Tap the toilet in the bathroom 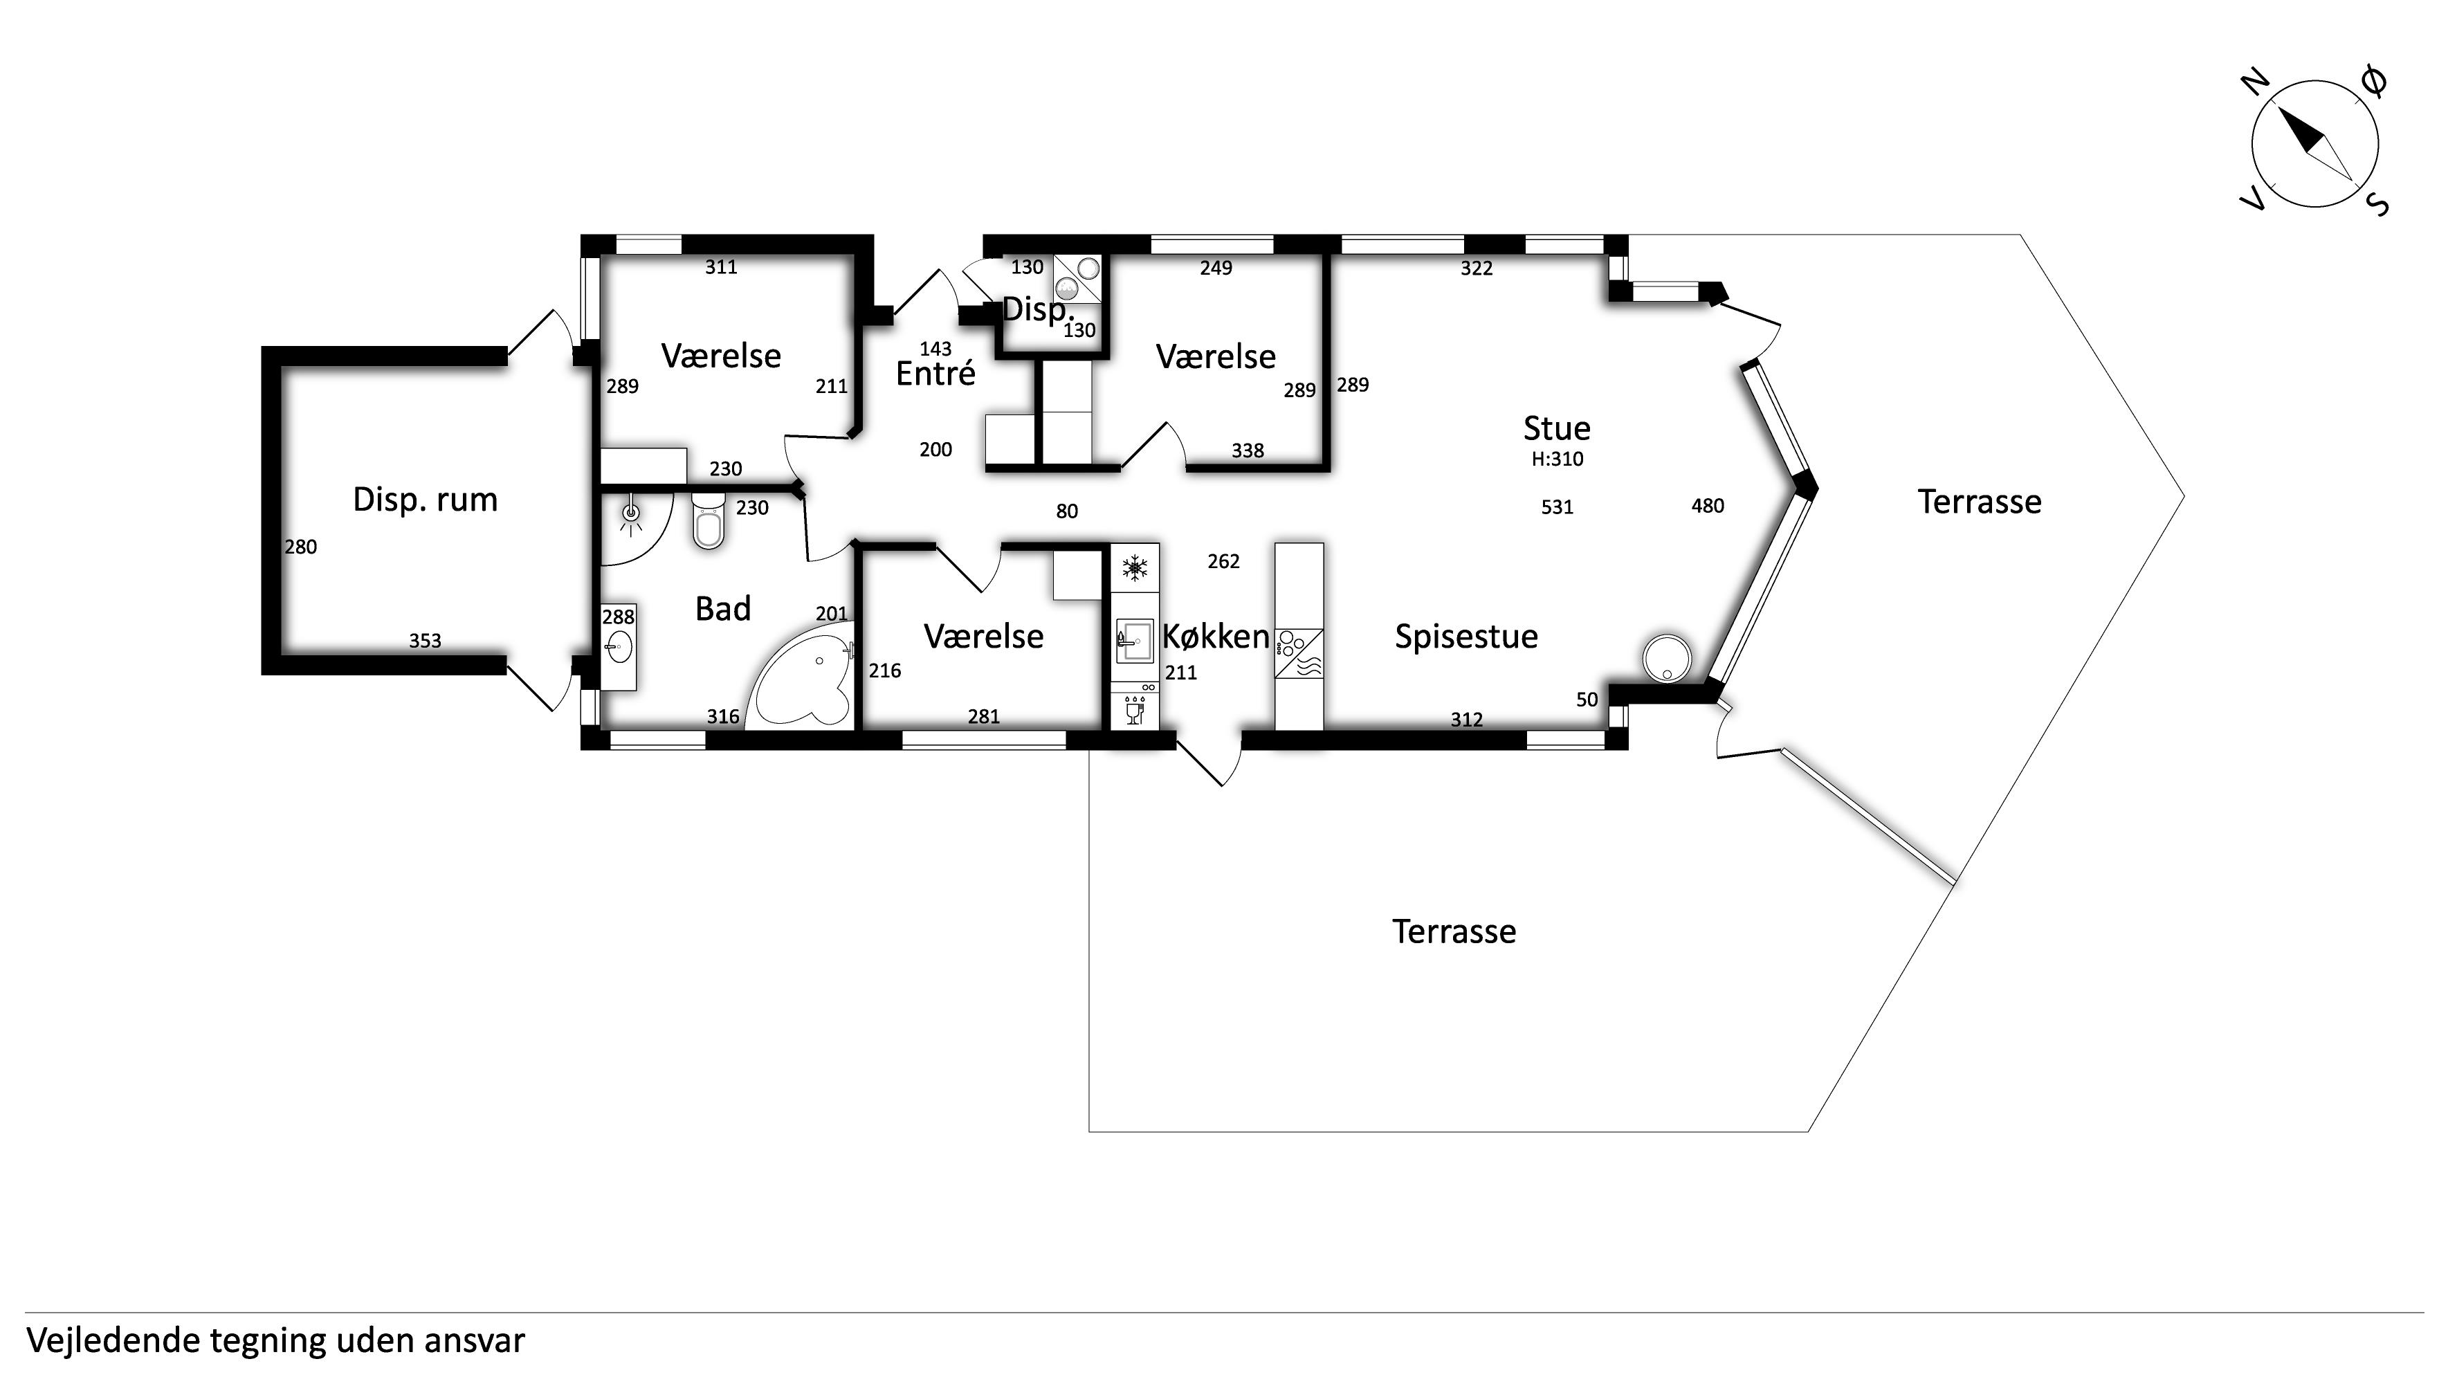(x=708, y=520)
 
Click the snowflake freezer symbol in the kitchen (x=1134, y=568)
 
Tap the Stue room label (x=1557, y=428)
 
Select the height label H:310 (x=1558, y=459)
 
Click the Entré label (x=935, y=374)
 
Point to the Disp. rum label (x=425, y=500)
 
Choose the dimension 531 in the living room (x=1557, y=507)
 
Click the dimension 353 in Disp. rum (x=425, y=641)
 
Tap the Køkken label (x=1216, y=637)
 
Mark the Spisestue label (x=1466, y=637)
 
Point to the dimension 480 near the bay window (x=1708, y=507)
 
